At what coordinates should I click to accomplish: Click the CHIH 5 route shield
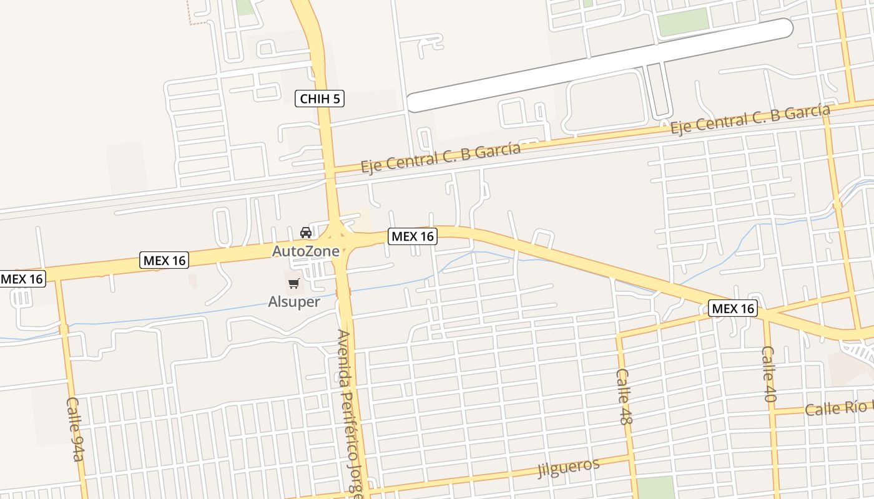320,99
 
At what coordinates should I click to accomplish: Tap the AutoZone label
306,251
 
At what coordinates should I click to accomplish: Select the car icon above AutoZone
306,233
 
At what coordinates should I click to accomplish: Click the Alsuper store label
294,302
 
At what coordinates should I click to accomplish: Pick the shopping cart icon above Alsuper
294,284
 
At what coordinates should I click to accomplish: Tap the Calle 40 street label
769,374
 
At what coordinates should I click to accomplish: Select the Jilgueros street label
569,467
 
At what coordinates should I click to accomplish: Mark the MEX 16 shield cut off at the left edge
22,279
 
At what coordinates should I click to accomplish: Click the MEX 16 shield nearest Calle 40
733,308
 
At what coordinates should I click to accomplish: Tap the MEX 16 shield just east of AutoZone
412,236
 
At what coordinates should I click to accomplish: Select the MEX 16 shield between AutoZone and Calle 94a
164,260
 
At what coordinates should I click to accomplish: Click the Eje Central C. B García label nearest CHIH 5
440,157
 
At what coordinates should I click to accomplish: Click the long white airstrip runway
599,65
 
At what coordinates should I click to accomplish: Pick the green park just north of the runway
684,22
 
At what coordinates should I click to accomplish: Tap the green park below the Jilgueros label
655,487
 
